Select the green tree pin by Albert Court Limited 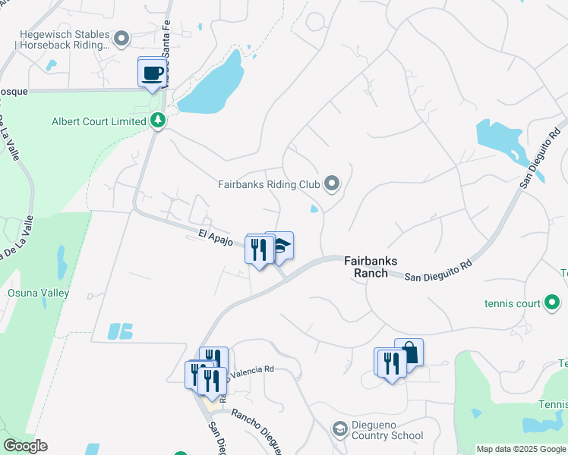(157, 121)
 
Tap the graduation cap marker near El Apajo (280, 246)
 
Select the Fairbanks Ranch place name (367, 266)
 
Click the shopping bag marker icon (409, 353)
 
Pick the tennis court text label (513, 304)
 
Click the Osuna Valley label (38, 293)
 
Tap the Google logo (25, 446)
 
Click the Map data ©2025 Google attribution (519, 449)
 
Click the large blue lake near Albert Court (214, 84)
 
